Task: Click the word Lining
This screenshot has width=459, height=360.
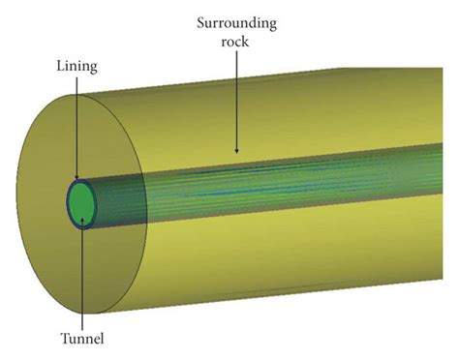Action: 76,66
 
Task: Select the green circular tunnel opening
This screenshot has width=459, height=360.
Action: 81,202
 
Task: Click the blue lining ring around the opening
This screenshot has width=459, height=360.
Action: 68,202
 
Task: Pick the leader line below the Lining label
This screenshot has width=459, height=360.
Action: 76,126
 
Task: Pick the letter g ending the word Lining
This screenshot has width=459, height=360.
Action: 92,68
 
